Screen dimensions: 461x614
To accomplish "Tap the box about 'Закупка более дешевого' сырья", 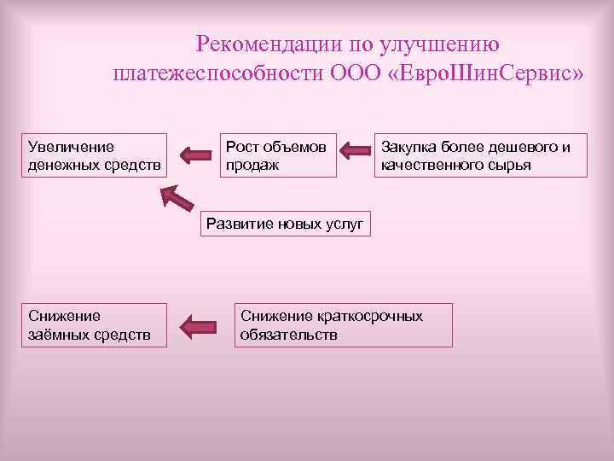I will pos(481,155).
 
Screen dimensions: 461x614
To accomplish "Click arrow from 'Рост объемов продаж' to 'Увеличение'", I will pos(195,155).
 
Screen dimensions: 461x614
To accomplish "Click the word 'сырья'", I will pos(511,164).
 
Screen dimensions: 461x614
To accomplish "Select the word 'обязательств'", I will pos(288,334).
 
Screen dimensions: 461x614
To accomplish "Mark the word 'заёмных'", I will pos(56,334).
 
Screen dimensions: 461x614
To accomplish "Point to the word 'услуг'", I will pos(344,225).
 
